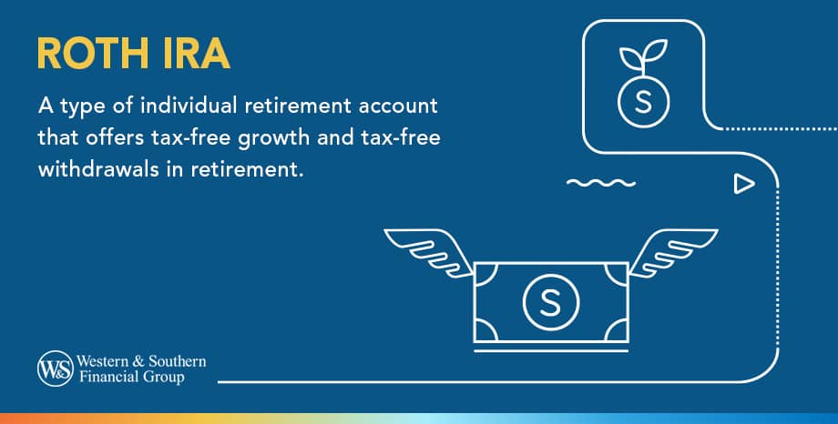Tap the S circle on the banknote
coord(550,301)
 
